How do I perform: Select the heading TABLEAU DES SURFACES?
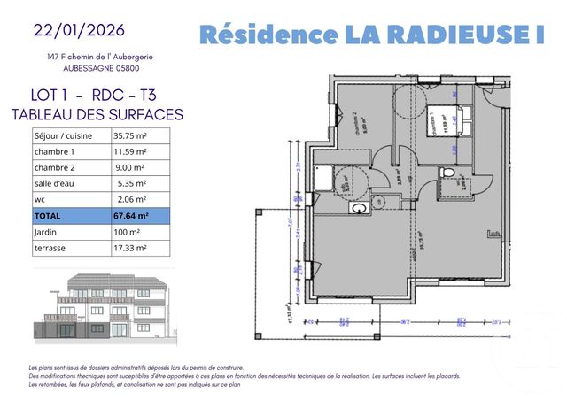pos(97,114)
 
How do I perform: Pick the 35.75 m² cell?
pos(128,136)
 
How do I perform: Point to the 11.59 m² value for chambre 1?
pos(129,152)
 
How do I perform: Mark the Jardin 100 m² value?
pos(127,232)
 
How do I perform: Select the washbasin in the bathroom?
pos(360,209)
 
